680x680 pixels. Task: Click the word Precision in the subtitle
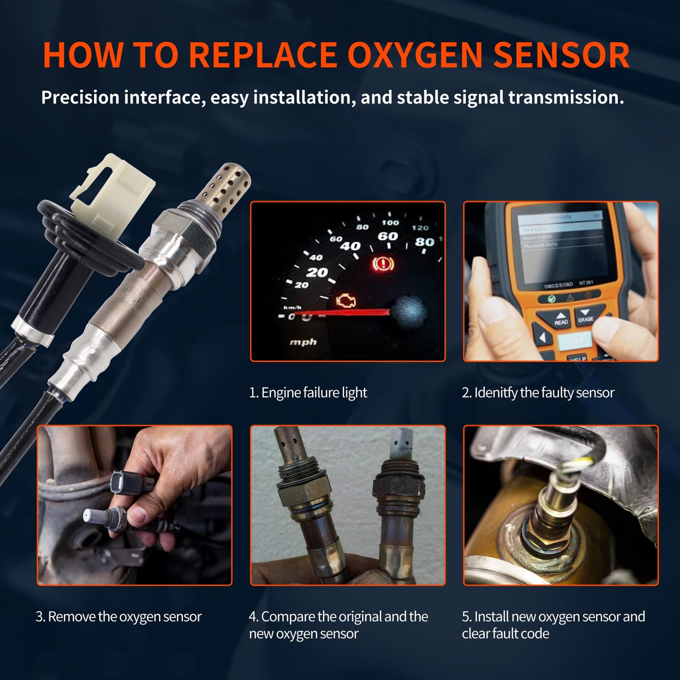[80, 97]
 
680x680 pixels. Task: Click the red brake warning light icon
[383, 264]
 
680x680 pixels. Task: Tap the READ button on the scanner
[561, 319]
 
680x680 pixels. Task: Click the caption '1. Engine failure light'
[308, 392]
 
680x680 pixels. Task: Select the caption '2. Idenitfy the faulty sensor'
[538, 392]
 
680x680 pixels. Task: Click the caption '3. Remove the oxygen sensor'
[119, 616]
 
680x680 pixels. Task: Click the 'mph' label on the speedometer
[303, 342]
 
